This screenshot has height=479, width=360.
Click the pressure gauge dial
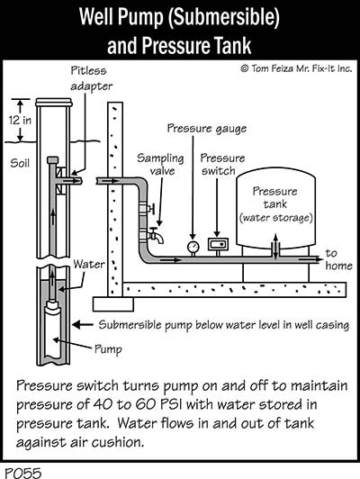coord(193,246)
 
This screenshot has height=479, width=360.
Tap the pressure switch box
coord(218,244)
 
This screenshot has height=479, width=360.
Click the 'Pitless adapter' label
coord(91,78)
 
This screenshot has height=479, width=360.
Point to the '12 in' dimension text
coord(20,120)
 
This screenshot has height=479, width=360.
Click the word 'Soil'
coord(20,163)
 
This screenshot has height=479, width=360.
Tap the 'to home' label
coord(338,259)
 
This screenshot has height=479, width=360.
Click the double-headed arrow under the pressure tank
coord(275,247)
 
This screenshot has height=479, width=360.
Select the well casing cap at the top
coord(54,102)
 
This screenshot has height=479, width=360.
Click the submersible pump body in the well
coord(53,330)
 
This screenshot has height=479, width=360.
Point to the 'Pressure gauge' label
coord(207,129)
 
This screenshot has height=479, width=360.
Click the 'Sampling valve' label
coord(160,165)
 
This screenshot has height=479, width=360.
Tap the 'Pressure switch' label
coord(222,165)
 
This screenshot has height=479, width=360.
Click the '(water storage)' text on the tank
coord(275,218)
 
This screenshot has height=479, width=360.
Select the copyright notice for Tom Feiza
coord(296,68)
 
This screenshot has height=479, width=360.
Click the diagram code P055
coord(22,473)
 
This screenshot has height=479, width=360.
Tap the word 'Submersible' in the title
coord(223,17)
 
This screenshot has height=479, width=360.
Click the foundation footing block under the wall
coord(113,304)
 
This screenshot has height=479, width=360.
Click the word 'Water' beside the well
coord(89,264)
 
